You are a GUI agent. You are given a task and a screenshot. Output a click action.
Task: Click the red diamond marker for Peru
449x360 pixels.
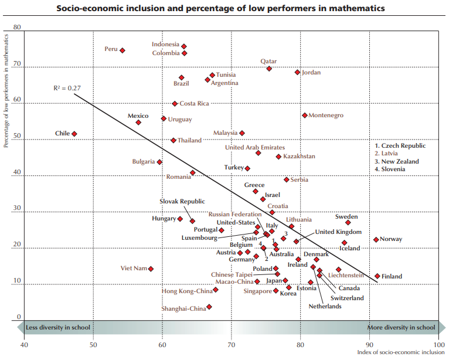tap(123, 50)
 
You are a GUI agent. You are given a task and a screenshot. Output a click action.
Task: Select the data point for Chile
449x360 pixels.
tap(74, 134)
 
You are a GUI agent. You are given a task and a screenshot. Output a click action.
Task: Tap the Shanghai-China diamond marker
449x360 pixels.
tap(209, 307)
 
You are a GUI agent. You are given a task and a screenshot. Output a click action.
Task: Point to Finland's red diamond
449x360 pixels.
tap(377, 276)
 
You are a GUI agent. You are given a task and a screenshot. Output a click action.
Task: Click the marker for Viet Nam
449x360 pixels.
tap(151, 269)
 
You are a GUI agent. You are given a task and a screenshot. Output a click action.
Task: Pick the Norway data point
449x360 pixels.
tap(376, 239)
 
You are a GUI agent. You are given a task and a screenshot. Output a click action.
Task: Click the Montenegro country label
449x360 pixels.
tap(326, 116)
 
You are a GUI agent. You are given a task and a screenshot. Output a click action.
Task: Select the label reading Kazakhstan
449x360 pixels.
tap(299, 157)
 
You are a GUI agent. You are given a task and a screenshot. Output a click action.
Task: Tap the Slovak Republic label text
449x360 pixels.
tap(182, 201)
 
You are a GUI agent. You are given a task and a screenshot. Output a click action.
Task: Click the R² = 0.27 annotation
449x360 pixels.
tap(67, 88)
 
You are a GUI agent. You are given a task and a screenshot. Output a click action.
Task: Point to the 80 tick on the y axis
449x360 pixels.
tap(16, 28)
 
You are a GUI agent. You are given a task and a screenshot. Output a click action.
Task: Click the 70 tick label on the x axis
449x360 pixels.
tap(231, 345)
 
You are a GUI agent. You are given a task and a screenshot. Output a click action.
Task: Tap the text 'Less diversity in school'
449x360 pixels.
tap(58, 328)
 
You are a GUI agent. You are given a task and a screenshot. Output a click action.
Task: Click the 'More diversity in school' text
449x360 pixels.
tap(401, 328)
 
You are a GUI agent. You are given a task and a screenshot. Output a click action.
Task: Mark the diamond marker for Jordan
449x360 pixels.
tap(298, 72)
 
